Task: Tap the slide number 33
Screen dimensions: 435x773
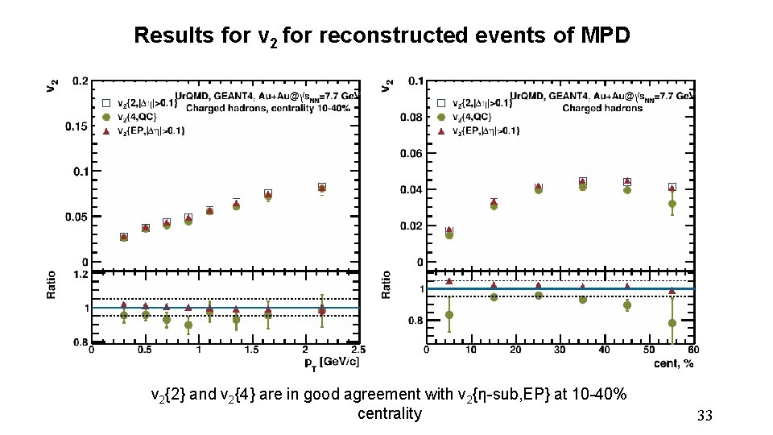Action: pos(705,416)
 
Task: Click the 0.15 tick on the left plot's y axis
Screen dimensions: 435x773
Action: pos(77,126)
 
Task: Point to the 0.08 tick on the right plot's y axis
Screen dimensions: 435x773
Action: pos(412,118)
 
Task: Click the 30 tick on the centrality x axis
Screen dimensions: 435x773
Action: pos(560,350)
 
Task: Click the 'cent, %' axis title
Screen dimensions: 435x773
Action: pos(674,362)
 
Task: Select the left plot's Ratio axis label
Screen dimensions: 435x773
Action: pos(52,284)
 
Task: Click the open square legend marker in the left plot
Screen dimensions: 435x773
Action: pos(105,103)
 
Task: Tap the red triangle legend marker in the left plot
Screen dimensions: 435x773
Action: pos(105,130)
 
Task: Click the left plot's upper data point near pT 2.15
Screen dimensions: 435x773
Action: pos(322,188)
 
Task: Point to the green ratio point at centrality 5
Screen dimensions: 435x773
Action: pos(449,315)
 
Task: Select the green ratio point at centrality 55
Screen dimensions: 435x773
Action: pos(672,323)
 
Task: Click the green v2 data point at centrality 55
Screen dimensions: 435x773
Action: pos(672,204)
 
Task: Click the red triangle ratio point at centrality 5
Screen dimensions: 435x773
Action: pos(449,281)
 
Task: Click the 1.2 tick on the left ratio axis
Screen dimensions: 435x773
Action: pos(80,275)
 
